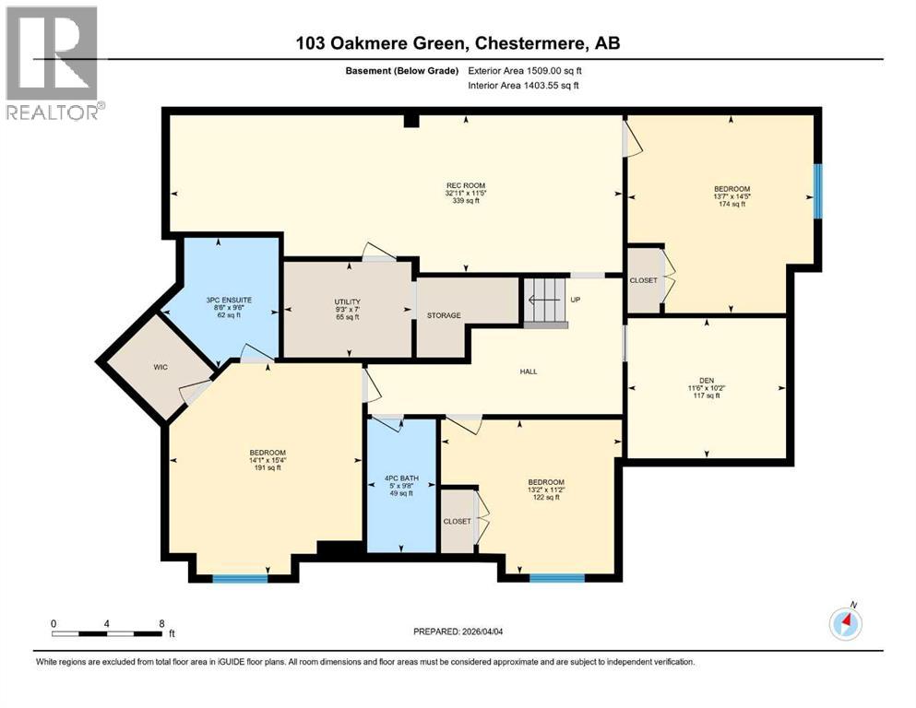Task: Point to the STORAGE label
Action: [443, 315]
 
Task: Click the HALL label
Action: [528, 372]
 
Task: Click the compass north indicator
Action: [845, 624]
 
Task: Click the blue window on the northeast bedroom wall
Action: [817, 192]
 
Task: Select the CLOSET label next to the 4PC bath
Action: [456, 522]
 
